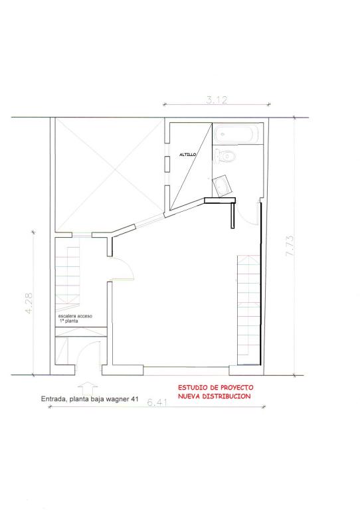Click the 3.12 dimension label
(x=217, y=100)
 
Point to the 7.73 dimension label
(x=290, y=245)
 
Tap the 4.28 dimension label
(x=29, y=303)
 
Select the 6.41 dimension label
(x=157, y=402)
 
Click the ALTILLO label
(x=188, y=155)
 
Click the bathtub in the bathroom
(x=236, y=133)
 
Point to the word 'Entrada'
(x=53, y=399)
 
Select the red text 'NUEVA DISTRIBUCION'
(x=215, y=396)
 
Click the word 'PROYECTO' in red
(x=236, y=387)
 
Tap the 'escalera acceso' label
(x=75, y=316)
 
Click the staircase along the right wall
(x=249, y=309)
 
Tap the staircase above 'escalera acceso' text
(x=67, y=276)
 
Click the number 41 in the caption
(x=134, y=399)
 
